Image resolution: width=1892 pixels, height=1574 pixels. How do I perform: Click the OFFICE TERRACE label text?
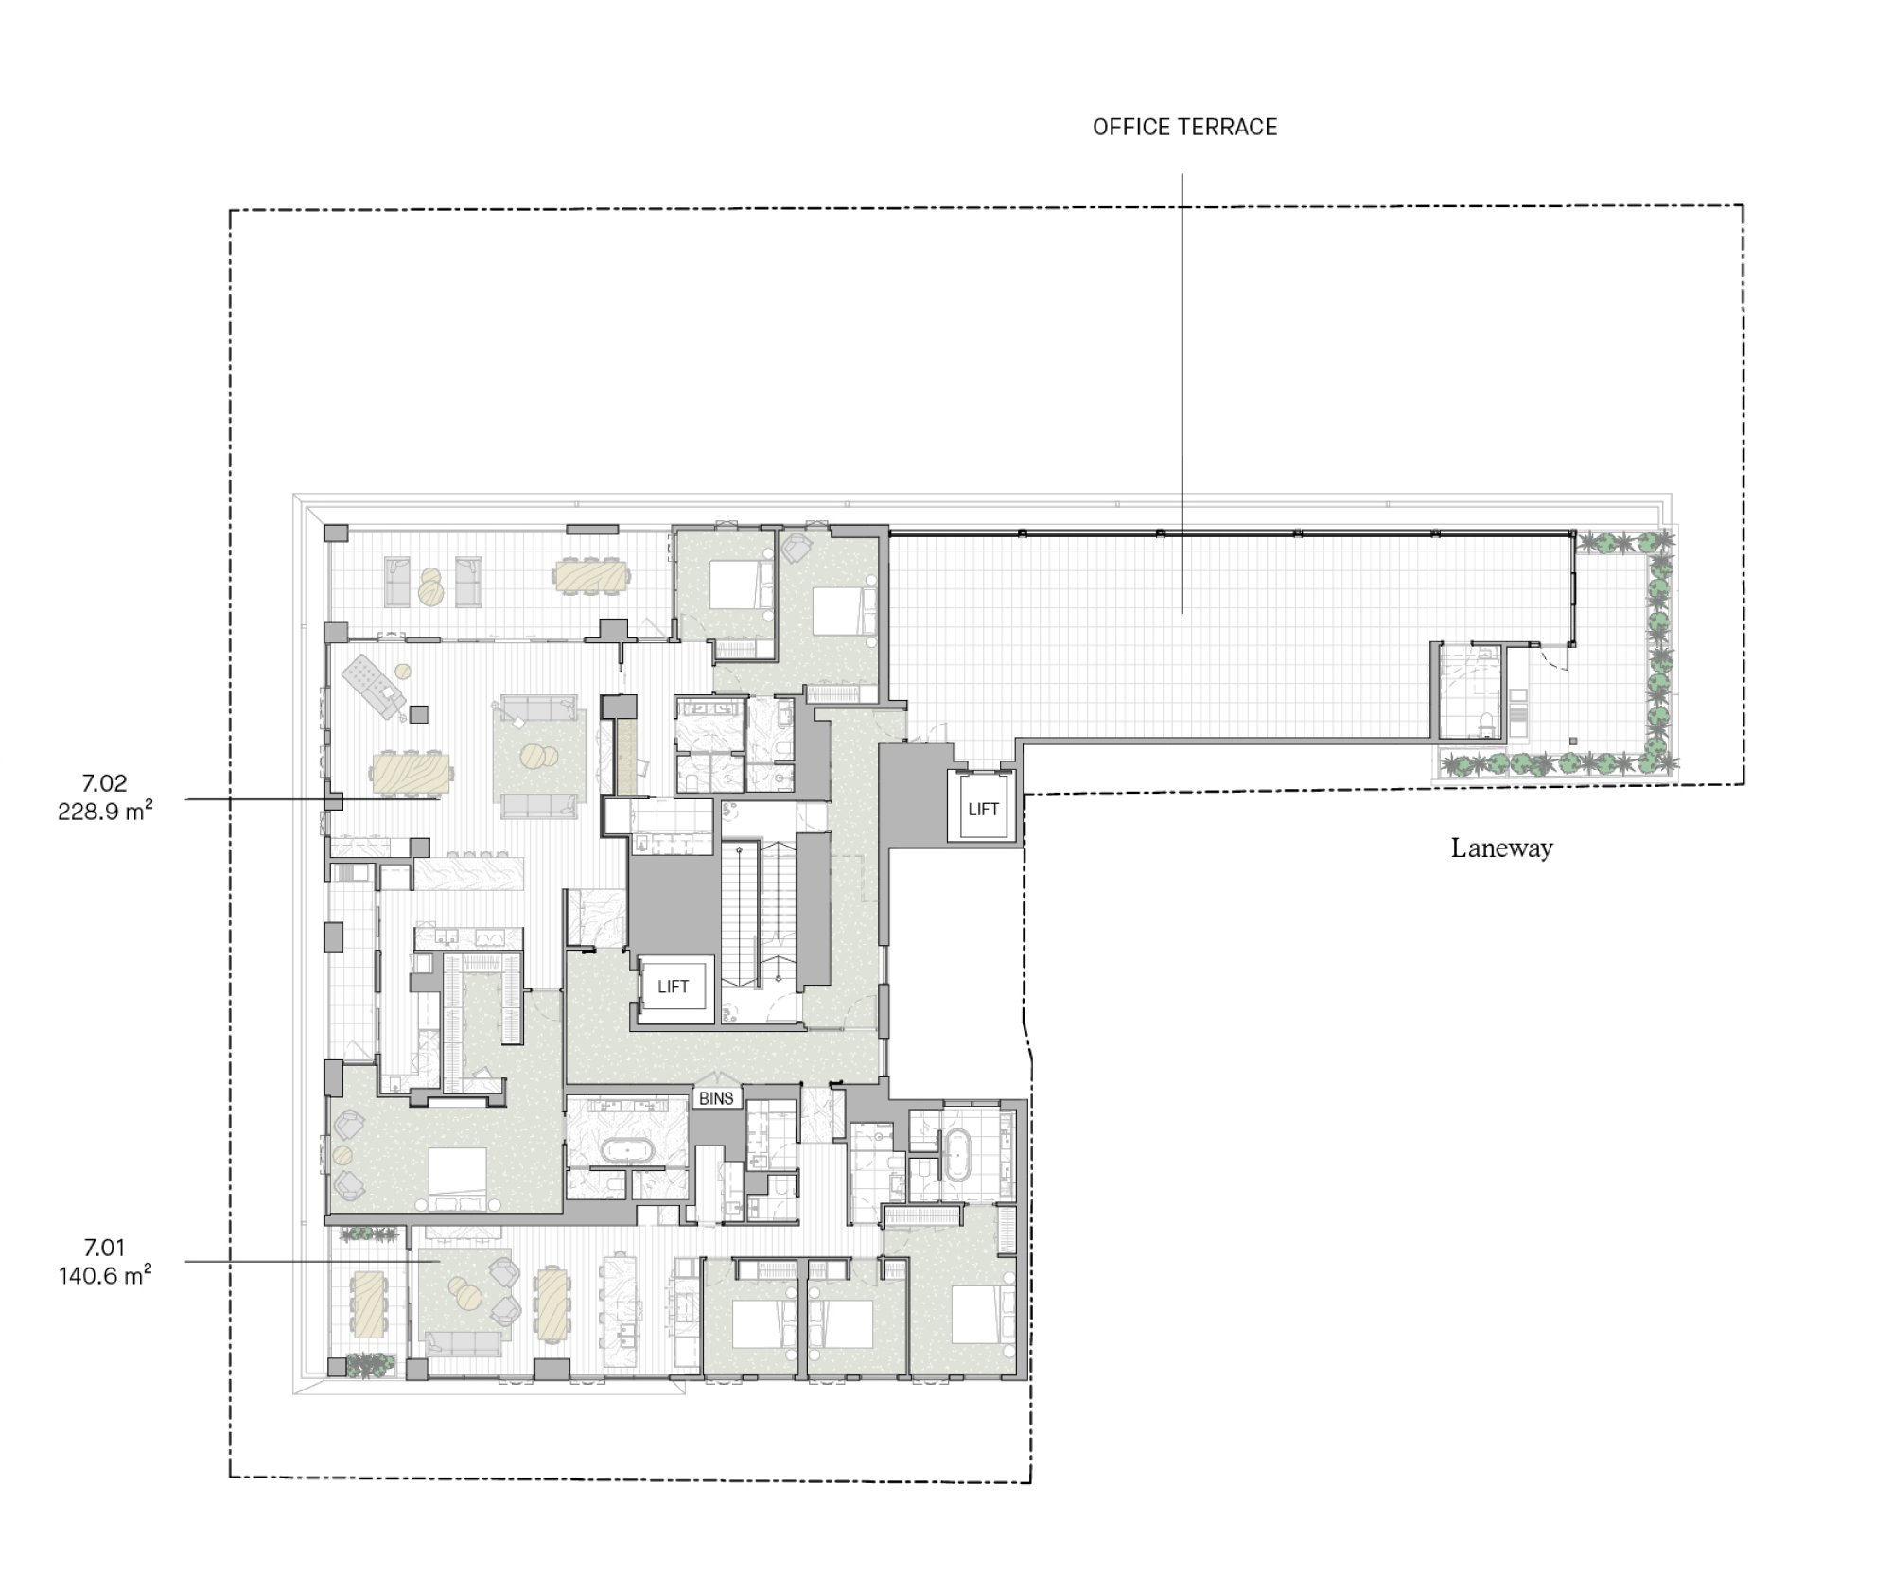(x=1184, y=128)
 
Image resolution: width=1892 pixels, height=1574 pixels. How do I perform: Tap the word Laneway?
(x=1502, y=848)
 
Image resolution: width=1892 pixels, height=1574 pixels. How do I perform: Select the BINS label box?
(x=716, y=1098)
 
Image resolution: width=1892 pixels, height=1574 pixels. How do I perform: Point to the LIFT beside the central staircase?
(x=673, y=987)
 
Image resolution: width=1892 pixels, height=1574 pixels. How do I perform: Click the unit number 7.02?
(x=104, y=783)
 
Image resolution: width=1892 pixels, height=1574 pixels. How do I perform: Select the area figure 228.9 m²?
(x=105, y=812)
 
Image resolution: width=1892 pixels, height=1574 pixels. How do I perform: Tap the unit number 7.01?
(x=104, y=1248)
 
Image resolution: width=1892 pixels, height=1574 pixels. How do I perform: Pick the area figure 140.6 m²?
(x=105, y=1276)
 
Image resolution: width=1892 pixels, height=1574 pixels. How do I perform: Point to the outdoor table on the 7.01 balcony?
(x=368, y=1303)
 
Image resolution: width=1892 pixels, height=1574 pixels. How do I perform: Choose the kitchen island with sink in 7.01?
(x=618, y=1310)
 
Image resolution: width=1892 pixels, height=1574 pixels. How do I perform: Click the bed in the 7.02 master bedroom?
(x=458, y=1179)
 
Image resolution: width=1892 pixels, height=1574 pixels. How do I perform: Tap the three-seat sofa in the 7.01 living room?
(x=464, y=1344)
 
